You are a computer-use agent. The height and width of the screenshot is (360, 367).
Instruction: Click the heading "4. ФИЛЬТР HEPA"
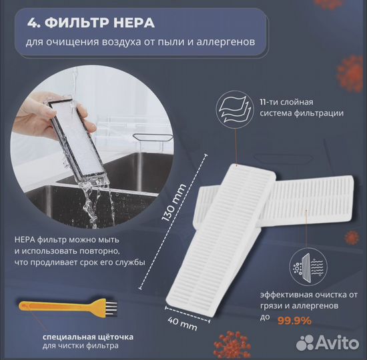click(91, 23)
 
